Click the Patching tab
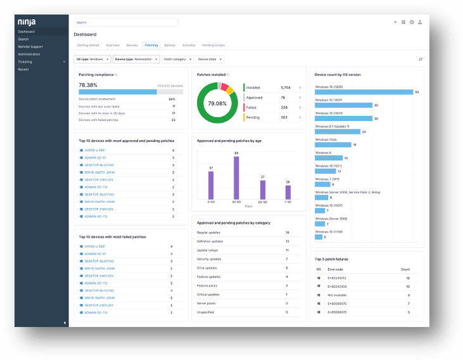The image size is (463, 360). click(x=151, y=46)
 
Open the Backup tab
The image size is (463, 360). click(x=170, y=46)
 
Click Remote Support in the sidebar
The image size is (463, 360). click(x=30, y=46)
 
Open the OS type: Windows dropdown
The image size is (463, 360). click(x=92, y=59)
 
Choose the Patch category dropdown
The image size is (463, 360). click(x=177, y=59)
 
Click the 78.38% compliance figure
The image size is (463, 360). click(x=88, y=84)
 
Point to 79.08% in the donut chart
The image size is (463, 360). click(x=217, y=103)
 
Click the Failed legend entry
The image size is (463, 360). click(x=254, y=108)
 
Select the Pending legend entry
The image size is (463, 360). click(x=254, y=117)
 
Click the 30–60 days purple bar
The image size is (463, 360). click(x=236, y=177)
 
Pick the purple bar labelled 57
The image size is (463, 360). click(x=211, y=185)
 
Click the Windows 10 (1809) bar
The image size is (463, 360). click(x=364, y=92)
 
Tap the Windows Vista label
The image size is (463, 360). click(x=327, y=139)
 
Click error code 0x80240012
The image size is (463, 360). click(x=337, y=278)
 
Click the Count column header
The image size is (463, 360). click(x=406, y=269)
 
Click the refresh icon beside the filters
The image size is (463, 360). click(x=421, y=59)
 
